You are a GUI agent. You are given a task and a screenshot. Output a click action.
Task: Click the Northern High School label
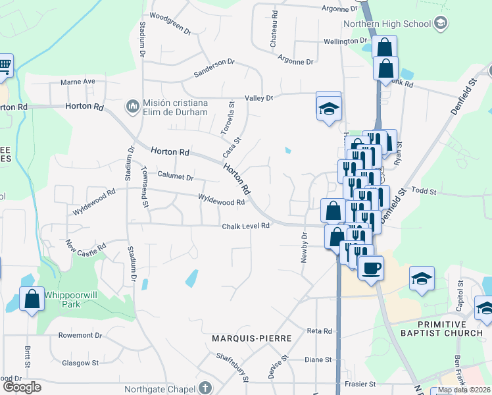387,24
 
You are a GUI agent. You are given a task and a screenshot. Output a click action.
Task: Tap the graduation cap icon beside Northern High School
441,24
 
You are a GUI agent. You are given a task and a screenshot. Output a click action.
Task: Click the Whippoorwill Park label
71,300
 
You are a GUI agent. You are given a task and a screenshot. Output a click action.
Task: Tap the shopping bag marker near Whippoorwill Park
32,300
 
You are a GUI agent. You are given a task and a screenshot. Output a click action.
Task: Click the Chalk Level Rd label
247,226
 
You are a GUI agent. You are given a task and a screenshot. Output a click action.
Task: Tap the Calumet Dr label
175,177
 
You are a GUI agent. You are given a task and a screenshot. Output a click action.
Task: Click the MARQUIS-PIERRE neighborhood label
252,338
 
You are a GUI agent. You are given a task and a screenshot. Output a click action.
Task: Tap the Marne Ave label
78,82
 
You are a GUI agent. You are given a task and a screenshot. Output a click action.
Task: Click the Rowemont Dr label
80,335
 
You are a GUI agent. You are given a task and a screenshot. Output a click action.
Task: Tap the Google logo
22,387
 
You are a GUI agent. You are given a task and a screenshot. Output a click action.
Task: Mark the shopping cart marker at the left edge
4,66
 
